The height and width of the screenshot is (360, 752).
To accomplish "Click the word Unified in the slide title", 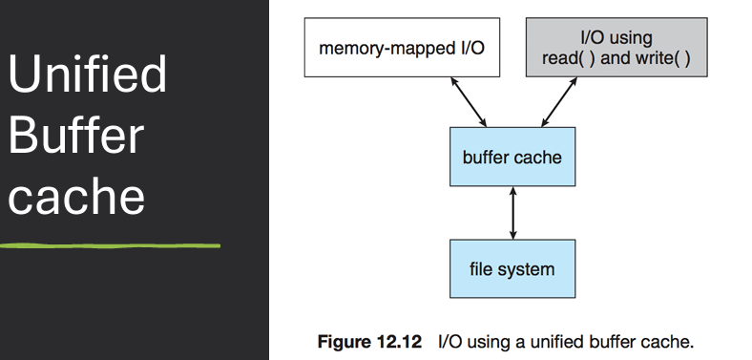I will (x=88, y=75).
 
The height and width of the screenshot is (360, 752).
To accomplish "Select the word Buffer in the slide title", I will (x=76, y=137).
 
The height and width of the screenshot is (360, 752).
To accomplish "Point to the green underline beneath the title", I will (x=110, y=245).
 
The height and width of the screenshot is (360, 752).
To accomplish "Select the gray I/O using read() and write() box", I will (x=616, y=47).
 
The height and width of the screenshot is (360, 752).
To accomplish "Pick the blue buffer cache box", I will (x=513, y=155).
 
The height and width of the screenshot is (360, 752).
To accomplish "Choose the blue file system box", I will (x=513, y=268).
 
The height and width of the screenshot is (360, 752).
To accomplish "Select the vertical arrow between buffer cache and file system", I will (x=513, y=212).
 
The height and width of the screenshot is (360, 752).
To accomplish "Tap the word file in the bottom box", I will (x=485, y=268).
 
